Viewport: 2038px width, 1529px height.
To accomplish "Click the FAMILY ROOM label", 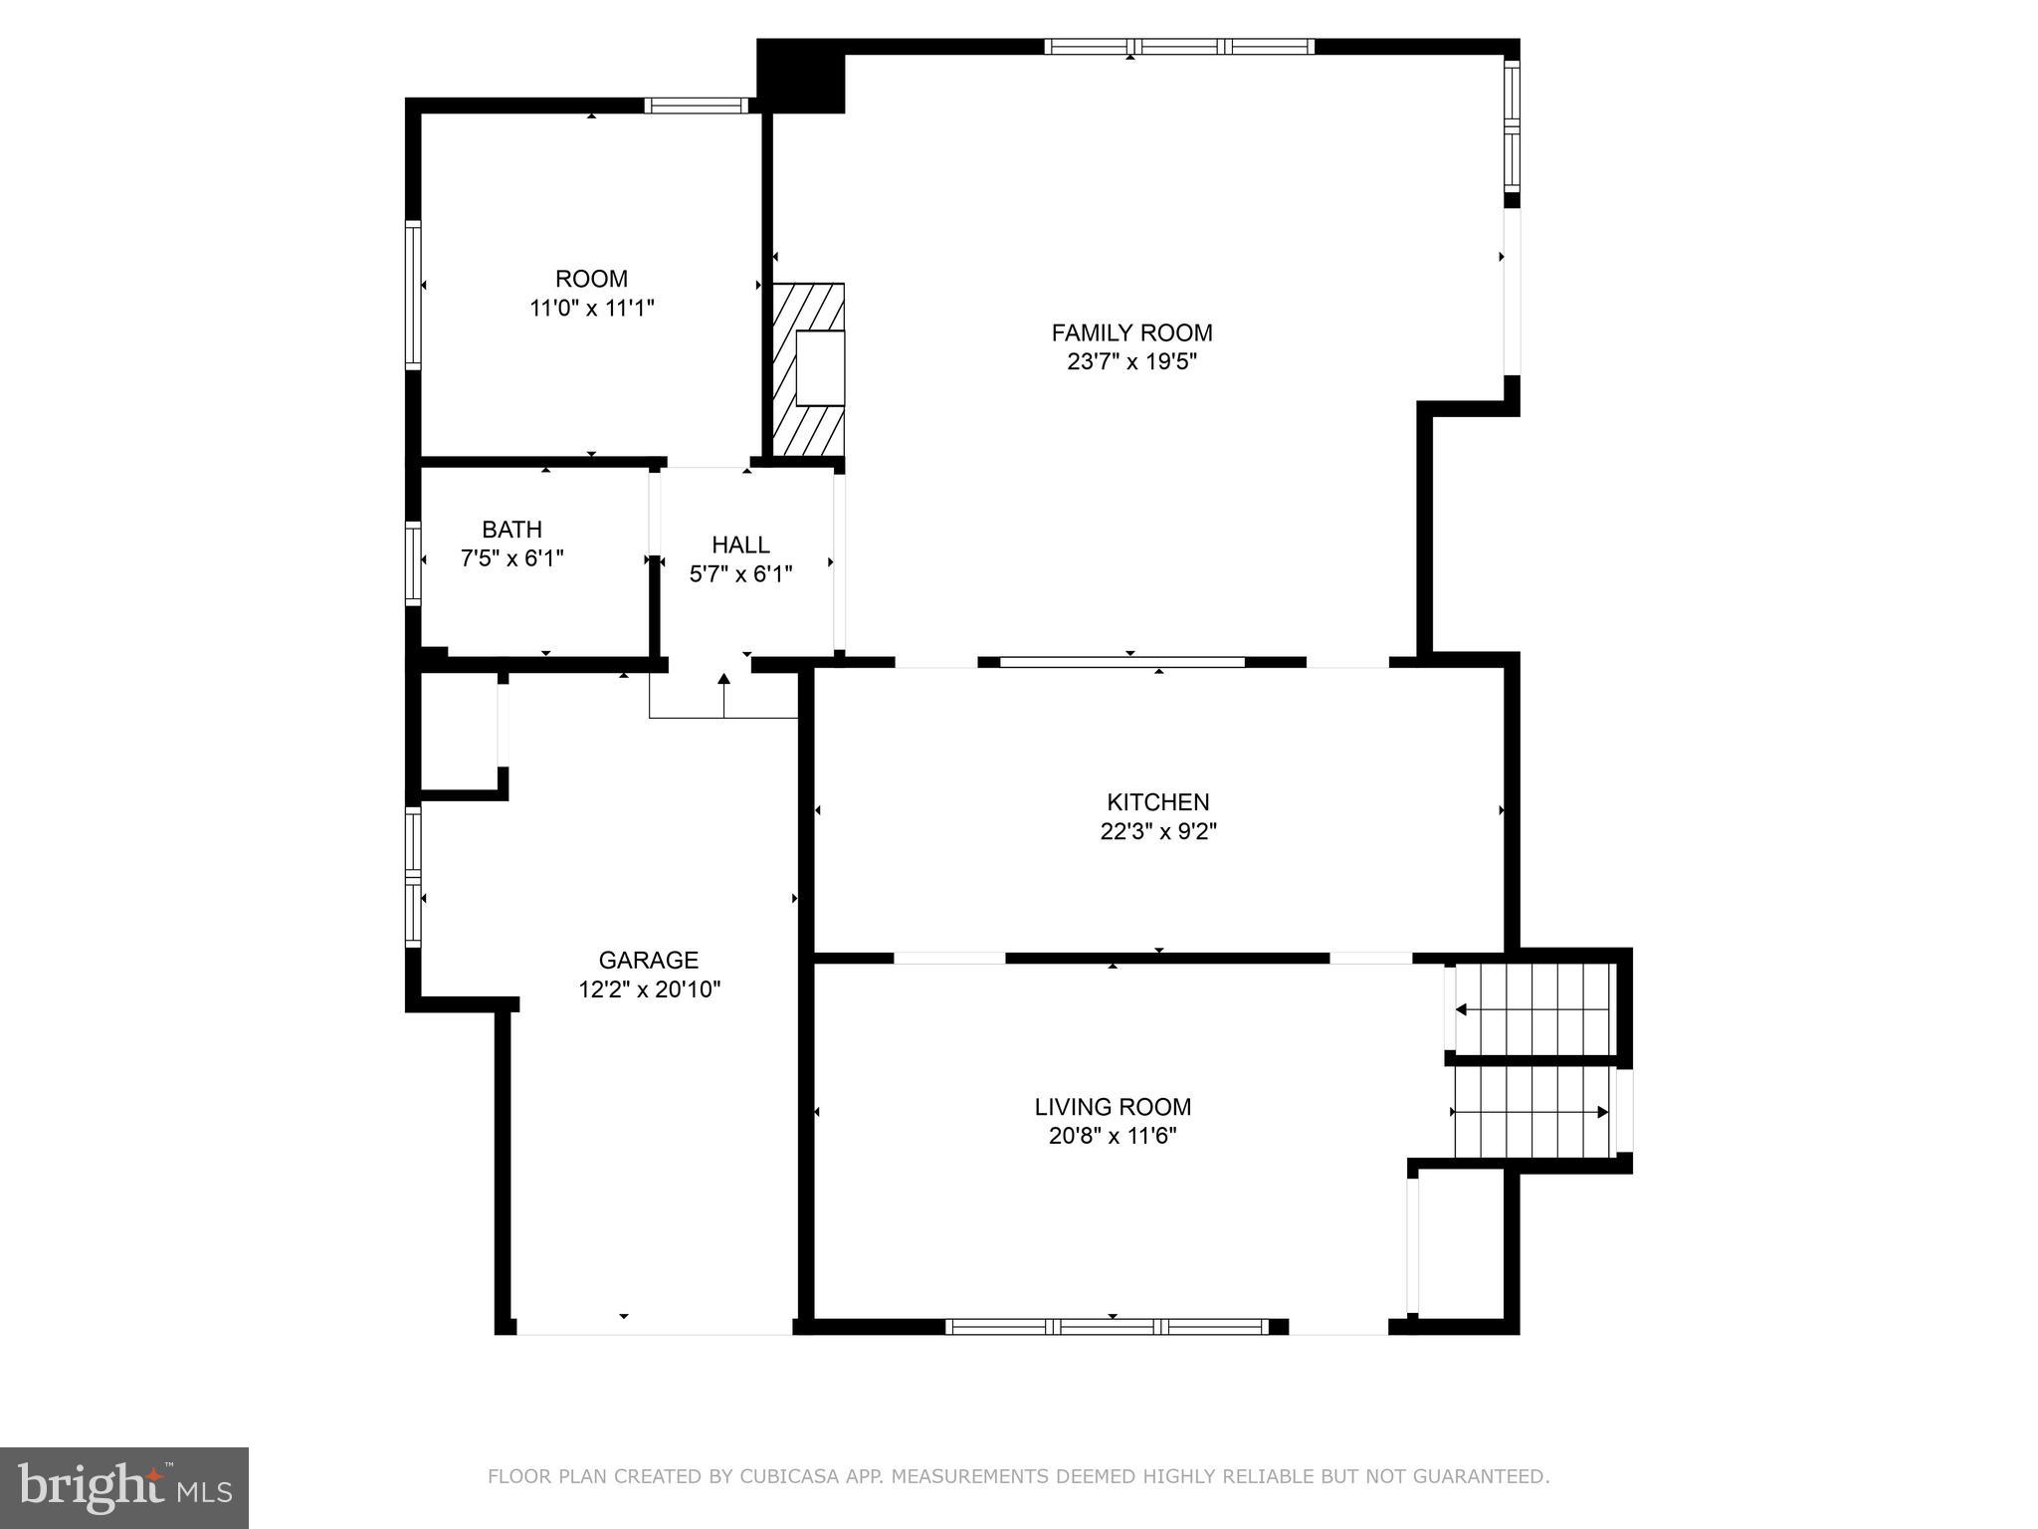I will click(x=1131, y=332).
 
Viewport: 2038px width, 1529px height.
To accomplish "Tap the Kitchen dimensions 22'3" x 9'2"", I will click(x=1158, y=831).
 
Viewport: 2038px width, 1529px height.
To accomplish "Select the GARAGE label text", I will click(x=648, y=960).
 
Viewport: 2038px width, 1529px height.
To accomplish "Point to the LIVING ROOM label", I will click(x=1113, y=1107).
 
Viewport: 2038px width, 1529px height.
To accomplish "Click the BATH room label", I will click(x=511, y=530).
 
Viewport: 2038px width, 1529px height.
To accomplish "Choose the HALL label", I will click(x=740, y=545).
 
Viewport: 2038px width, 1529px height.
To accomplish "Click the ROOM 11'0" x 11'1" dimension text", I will click(x=591, y=309).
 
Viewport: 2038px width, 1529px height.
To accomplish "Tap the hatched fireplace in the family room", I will click(x=808, y=370).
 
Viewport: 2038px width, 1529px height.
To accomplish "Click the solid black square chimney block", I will click(x=800, y=76).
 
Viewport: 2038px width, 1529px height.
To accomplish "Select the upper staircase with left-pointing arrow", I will click(x=1532, y=1008).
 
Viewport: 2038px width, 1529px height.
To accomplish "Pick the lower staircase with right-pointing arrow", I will click(x=1532, y=1112).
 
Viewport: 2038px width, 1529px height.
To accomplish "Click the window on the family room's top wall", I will click(x=1179, y=46).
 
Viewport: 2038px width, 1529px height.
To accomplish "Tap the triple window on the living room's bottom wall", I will click(x=1107, y=1326).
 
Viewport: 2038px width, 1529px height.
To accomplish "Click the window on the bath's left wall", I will click(x=412, y=562).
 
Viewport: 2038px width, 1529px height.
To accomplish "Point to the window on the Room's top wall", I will click(x=696, y=106).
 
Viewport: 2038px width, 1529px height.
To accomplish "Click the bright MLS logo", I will click(x=123, y=1487).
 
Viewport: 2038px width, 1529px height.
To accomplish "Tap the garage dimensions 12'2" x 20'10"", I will click(x=649, y=989).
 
